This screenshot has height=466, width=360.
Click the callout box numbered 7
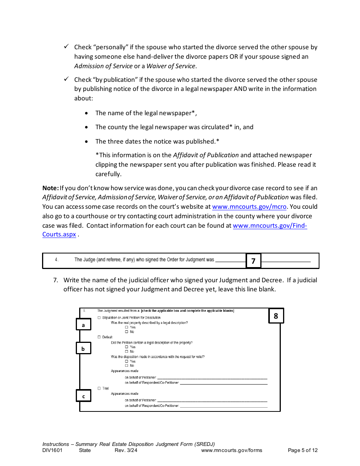pyautogui.click(x=254, y=261)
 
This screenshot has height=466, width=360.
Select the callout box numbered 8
pyautogui.click(x=276, y=316)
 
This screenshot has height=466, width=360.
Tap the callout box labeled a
pyautogui.click(x=83, y=325)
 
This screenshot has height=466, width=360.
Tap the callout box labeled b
pyautogui.click(x=83, y=348)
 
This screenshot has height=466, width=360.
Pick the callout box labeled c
pyautogui.click(x=83, y=396)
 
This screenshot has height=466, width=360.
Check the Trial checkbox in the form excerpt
pyautogui.click(x=99, y=388)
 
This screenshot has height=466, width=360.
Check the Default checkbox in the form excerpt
pyautogui.click(x=99, y=337)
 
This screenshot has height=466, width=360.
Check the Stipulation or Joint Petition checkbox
pyautogui.click(x=99, y=317)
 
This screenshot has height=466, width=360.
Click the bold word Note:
pyautogui.click(x=50, y=188)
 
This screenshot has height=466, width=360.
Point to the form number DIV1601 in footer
pyautogui.click(x=52, y=450)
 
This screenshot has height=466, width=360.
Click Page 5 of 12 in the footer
pyautogui.click(x=303, y=450)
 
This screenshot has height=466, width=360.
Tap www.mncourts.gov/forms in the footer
pyautogui.click(x=232, y=450)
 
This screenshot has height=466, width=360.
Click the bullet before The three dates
pyautogui.click(x=87, y=142)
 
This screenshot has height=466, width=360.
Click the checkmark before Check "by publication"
pyautogui.click(x=66, y=79)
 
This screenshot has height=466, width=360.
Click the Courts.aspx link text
pyautogui.click(x=59, y=235)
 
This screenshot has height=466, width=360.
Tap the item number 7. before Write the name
pyautogui.click(x=55, y=280)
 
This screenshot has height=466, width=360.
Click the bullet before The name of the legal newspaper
pyautogui.click(x=87, y=113)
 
